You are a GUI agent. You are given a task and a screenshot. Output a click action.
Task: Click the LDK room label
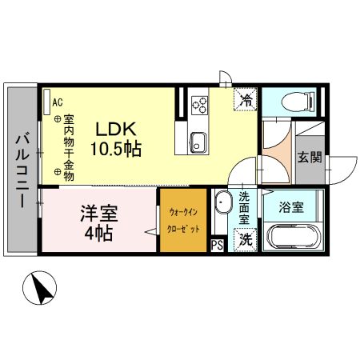tap(118, 129)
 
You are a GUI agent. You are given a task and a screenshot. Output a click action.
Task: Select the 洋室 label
tap(98, 214)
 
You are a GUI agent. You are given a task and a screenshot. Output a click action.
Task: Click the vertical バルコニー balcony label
tap(22, 170)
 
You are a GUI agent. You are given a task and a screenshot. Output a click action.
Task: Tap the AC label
tap(57, 102)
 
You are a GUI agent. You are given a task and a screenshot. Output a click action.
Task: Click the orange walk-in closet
tap(183, 222)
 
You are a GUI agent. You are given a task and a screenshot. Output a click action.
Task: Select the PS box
tap(216, 245)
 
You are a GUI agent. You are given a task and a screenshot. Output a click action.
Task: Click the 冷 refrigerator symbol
tap(246, 100)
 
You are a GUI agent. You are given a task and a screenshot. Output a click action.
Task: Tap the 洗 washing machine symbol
tap(246, 238)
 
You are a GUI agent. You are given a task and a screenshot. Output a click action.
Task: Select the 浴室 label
tap(290, 207)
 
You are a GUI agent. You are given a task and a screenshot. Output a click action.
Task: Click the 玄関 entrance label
tap(309, 158)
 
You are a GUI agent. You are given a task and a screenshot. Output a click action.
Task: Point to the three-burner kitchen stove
tap(198, 105)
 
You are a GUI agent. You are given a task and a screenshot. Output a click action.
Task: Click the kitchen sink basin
tap(198, 143)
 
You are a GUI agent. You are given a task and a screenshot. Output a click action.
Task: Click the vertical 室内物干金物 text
tap(69, 144)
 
